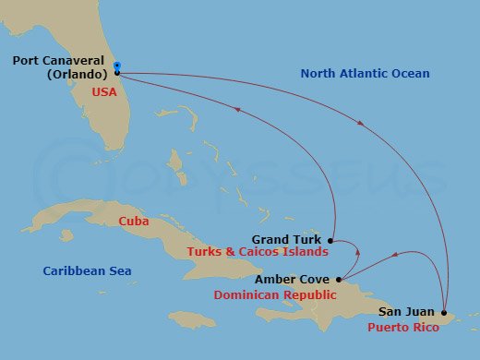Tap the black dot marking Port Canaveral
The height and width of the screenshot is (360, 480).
[117, 72]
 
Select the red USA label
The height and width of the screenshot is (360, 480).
[103, 92]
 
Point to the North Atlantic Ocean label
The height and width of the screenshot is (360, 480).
[365, 73]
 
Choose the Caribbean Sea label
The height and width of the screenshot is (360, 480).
[87, 270]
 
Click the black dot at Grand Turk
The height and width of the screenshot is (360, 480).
[331, 240]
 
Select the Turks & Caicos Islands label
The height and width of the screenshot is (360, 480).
[258, 252]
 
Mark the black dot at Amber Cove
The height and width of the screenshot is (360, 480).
[340, 279]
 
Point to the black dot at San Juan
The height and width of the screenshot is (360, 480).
[445, 312]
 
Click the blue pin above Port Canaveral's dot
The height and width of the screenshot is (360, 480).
[117, 66]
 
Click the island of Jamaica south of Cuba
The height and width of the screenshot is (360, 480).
[191, 319]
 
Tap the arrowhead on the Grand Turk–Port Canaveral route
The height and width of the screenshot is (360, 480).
[239, 111]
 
